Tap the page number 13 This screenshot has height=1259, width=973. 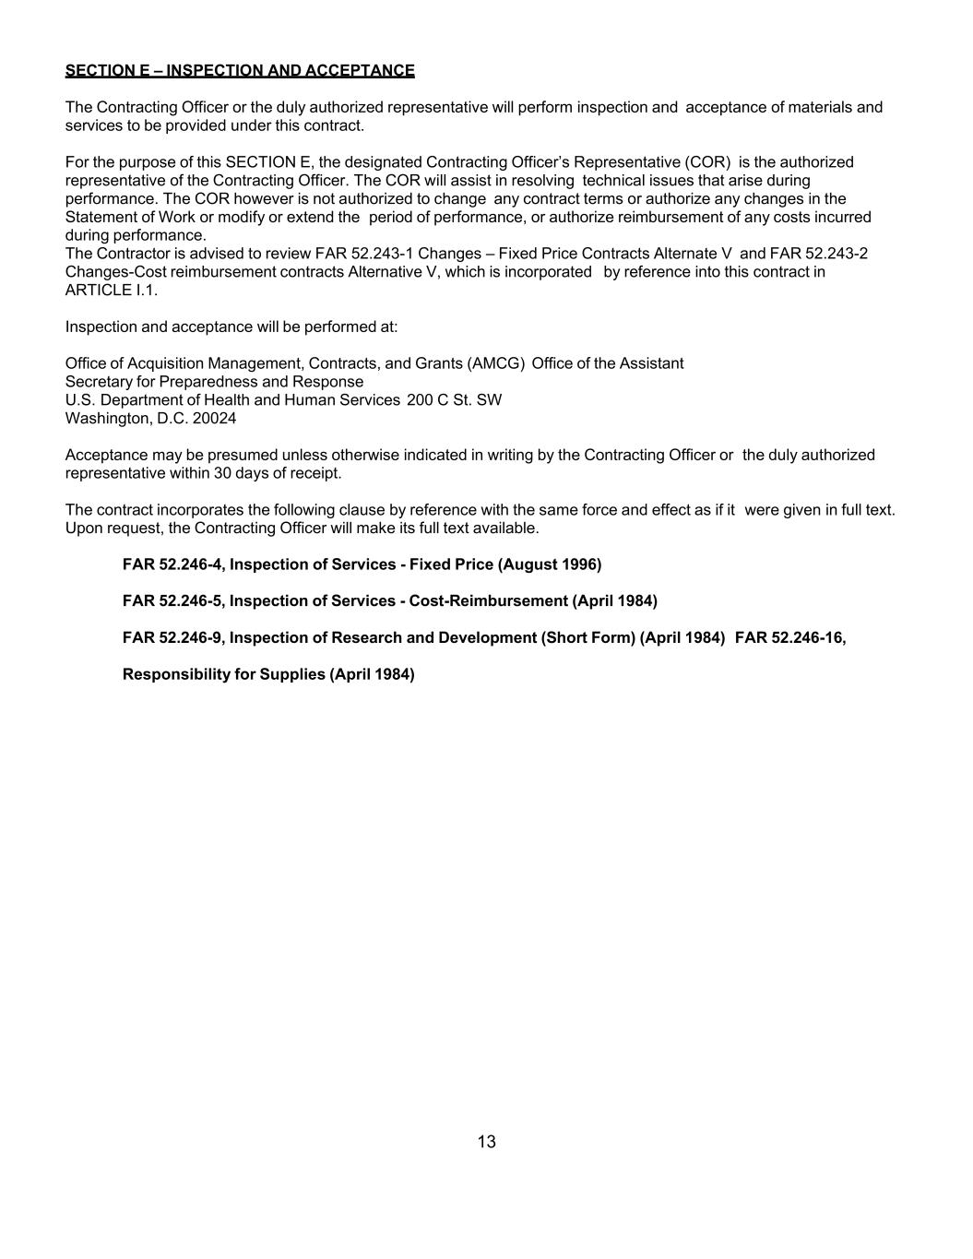[487, 1142]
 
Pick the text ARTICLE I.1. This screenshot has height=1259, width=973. [112, 291]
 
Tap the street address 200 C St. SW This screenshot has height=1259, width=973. [455, 400]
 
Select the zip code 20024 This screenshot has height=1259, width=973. [215, 419]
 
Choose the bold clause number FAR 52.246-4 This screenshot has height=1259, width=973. [172, 564]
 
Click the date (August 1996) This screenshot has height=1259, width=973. [550, 564]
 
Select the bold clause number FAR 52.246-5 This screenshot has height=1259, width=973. [172, 601]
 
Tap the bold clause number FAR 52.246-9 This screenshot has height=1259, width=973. [172, 638]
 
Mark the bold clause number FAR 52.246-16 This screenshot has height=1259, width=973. [789, 638]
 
